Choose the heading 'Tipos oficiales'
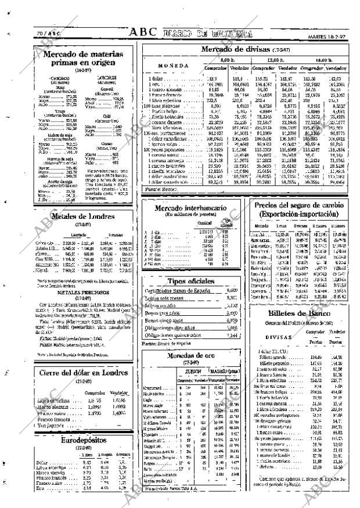coord(190,280)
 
